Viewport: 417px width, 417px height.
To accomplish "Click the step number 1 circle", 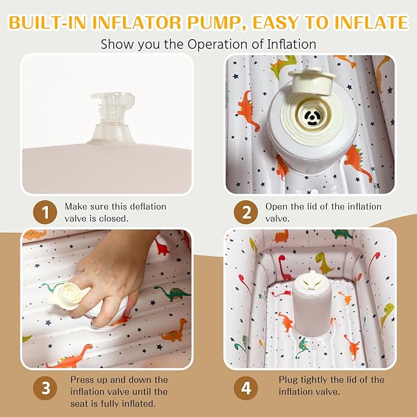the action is [x=45, y=212].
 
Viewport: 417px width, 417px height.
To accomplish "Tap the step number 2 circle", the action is [x=246, y=212].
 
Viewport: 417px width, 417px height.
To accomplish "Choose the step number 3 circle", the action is [x=45, y=388].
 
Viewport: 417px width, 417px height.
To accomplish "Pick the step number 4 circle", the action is [x=246, y=388].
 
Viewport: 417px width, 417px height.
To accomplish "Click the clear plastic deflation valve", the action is [x=113, y=119].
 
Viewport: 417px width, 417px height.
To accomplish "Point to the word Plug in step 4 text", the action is [x=288, y=380].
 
